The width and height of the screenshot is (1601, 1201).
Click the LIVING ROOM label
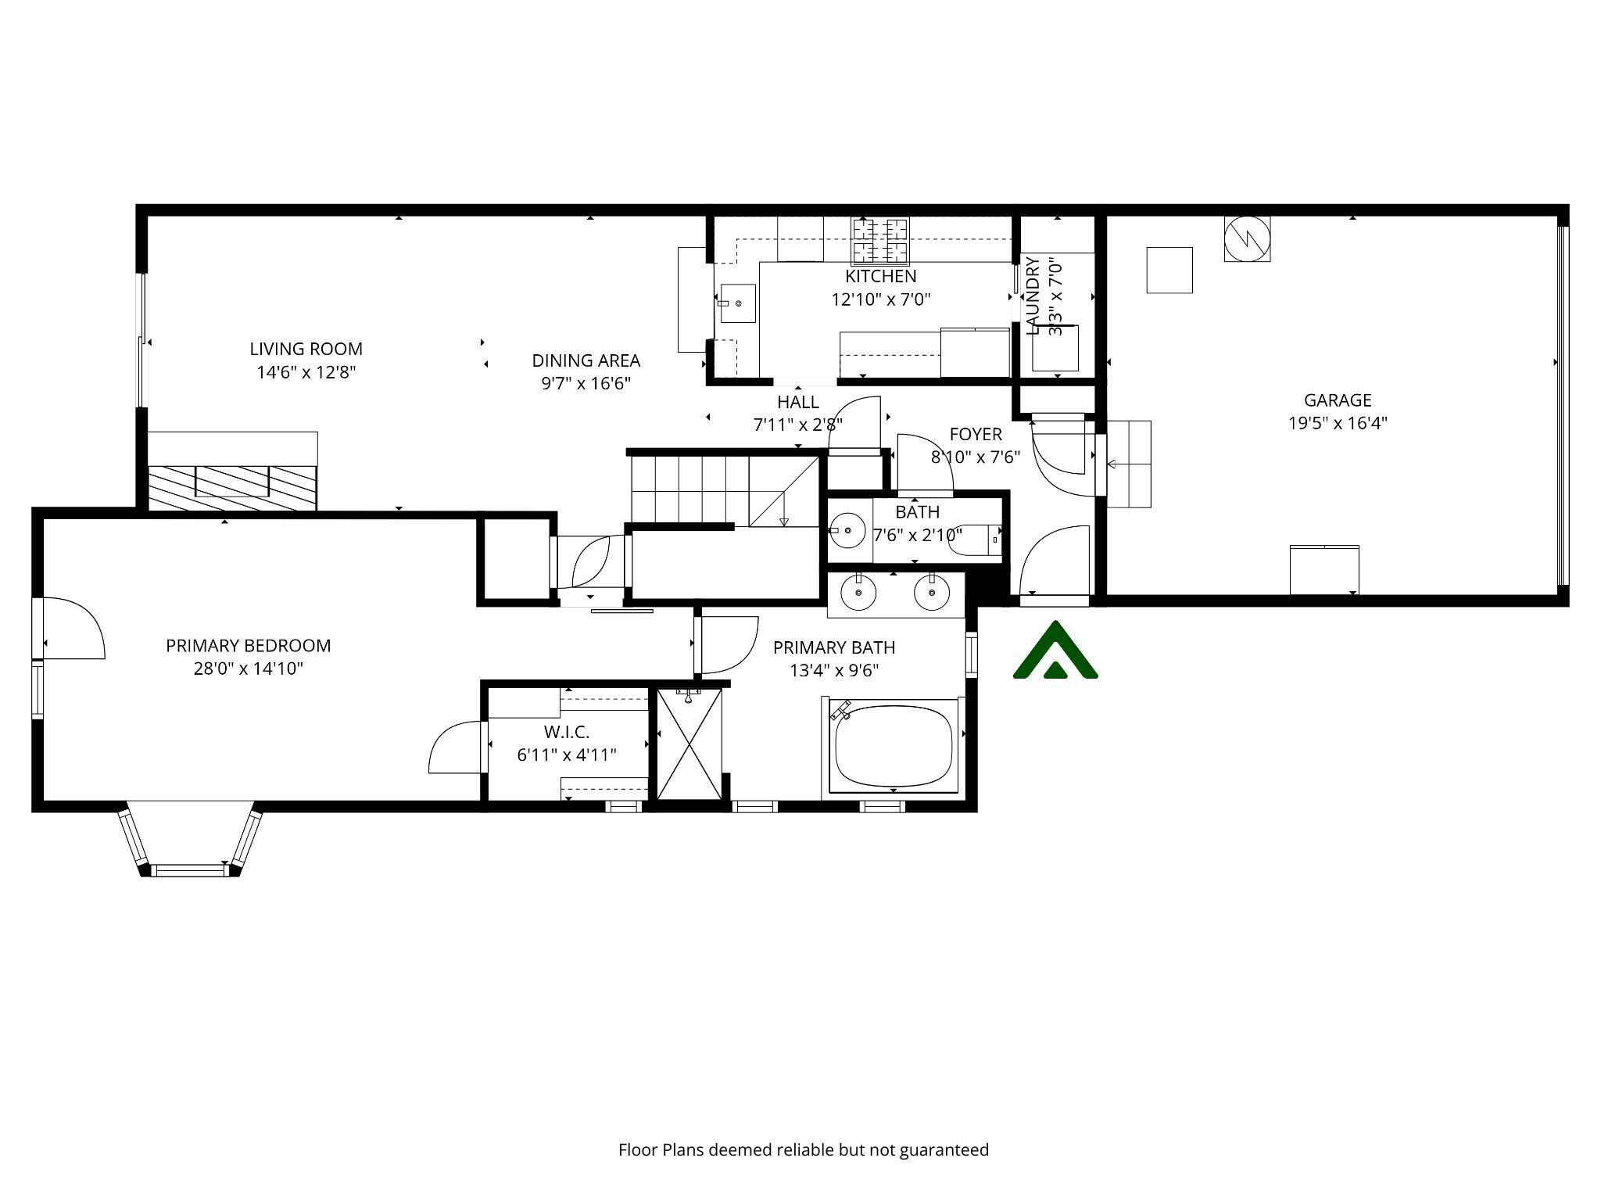click(x=306, y=349)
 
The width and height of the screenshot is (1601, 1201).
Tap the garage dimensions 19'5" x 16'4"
click(x=1338, y=423)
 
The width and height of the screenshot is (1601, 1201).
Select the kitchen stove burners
click(x=880, y=240)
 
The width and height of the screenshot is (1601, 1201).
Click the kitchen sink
click(x=737, y=303)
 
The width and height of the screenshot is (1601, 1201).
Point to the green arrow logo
click(x=1055, y=651)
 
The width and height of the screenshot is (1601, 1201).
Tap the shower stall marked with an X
click(x=689, y=744)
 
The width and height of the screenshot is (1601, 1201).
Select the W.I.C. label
click(x=566, y=732)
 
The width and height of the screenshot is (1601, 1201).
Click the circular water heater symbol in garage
click(x=1246, y=238)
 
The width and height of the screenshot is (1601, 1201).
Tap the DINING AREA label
click(x=586, y=360)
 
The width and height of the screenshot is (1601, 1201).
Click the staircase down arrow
click(x=783, y=521)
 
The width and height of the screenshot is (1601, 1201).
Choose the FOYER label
click(x=975, y=434)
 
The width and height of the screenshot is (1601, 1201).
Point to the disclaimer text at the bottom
click(x=803, y=1149)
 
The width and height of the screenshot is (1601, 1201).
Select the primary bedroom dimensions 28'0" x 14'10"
click(x=248, y=669)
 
